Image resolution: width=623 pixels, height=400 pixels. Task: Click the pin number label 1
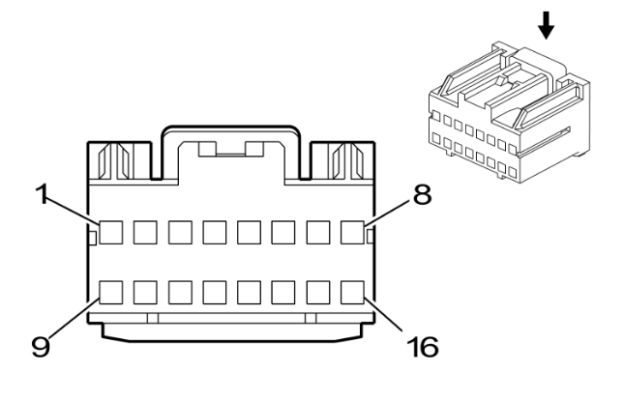(x=43, y=194)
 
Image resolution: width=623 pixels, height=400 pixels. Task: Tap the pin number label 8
(x=423, y=195)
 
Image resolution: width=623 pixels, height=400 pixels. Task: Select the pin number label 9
(x=41, y=346)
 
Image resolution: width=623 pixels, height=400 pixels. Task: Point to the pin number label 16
(x=423, y=347)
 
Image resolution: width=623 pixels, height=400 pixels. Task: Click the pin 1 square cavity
(x=111, y=233)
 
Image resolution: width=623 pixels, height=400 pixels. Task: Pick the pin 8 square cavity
(x=352, y=233)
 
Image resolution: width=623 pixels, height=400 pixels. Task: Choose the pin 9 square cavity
(x=111, y=293)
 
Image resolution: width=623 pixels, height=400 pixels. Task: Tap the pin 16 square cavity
(x=352, y=293)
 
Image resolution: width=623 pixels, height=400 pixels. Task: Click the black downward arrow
(x=547, y=25)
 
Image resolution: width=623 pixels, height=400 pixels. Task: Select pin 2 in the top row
(x=145, y=233)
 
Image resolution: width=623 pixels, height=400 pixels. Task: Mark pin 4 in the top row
(x=215, y=233)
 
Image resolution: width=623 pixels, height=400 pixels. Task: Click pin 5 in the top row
(x=250, y=233)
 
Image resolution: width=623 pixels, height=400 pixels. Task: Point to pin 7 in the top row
(x=318, y=233)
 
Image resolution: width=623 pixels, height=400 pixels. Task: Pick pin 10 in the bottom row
(x=145, y=293)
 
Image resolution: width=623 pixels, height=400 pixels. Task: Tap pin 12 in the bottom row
(x=215, y=293)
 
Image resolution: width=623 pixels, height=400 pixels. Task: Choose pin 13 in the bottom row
(x=250, y=293)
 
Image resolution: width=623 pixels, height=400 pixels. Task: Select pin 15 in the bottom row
(x=318, y=293)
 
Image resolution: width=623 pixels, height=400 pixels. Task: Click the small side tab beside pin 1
(x=92, y=238)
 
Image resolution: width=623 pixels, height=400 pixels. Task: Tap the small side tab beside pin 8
(x=371, y=236)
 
